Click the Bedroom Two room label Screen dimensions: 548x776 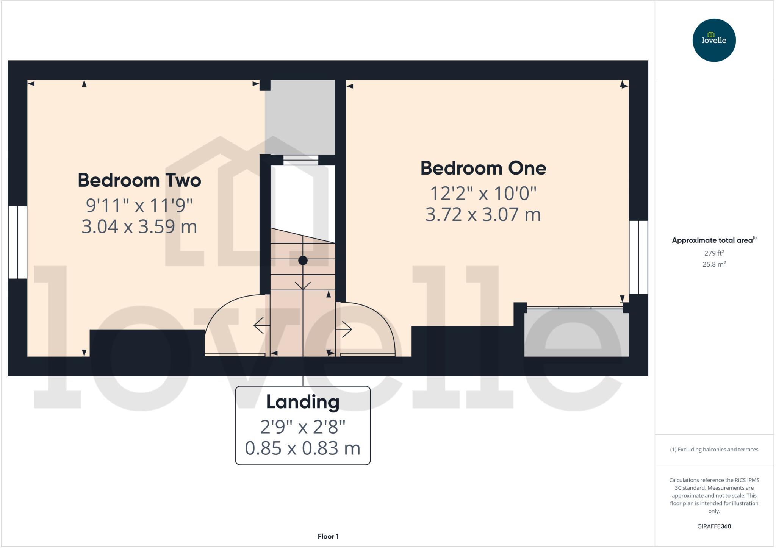pyautogui.click(x=139, y=180)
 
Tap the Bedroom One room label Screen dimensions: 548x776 pyautogui.click(x=483, y=168)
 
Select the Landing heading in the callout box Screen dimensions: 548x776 pyautogui.click(x=303, y=402)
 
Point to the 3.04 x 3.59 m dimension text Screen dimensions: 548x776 pyautogui.click(x=139, y=226)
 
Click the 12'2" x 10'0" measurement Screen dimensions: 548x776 pyautogui.click(x=483, y=194)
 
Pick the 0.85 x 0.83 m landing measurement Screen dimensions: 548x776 pyautogui.click(x=303, y=448)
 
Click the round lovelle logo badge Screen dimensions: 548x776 pyautogui.click(x=714, y=40)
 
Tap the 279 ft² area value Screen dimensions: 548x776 pyautogui.click(x=714, y=253)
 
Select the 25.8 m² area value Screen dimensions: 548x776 pyautogui.click(x=714, y=264)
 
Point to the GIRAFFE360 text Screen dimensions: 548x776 pyautogui.click(x=714, y=526)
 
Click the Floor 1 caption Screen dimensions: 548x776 pyautogui.click(x=328, y=536)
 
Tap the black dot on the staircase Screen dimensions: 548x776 pyautogui.click(x=303, y=261)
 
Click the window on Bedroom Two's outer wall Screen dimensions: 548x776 pyautogui.click(x=17, y=242)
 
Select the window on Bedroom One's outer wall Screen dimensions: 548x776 pyautogui.click(x=638, y=257)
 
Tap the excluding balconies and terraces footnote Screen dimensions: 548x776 pyautogui.click(x=714, y=450)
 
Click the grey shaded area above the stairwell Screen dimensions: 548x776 pyautogui.click(x=300, y=117)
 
